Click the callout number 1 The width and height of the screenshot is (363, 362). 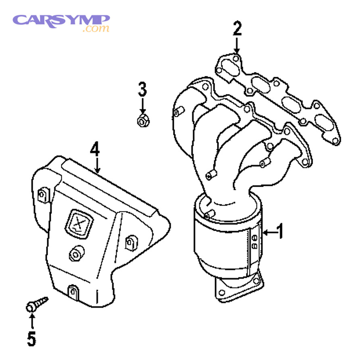pyautogui.click(x=280, y=232)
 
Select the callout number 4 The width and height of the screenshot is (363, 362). pyautogui.click(x=94, y=149)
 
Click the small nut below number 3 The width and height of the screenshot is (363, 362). pyautogui.click(x=142, y=120)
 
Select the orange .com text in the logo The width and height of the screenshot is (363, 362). pyautogui.click(x=96, y=29)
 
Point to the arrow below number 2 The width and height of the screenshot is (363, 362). pyautogui.click(x=237, y=44)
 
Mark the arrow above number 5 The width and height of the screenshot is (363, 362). pyautogui.click(x=31, y=321)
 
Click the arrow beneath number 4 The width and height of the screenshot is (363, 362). pyautogui.click(x=97, y=165)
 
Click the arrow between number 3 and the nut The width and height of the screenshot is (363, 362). pyautogui.click(x=142, y=106)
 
